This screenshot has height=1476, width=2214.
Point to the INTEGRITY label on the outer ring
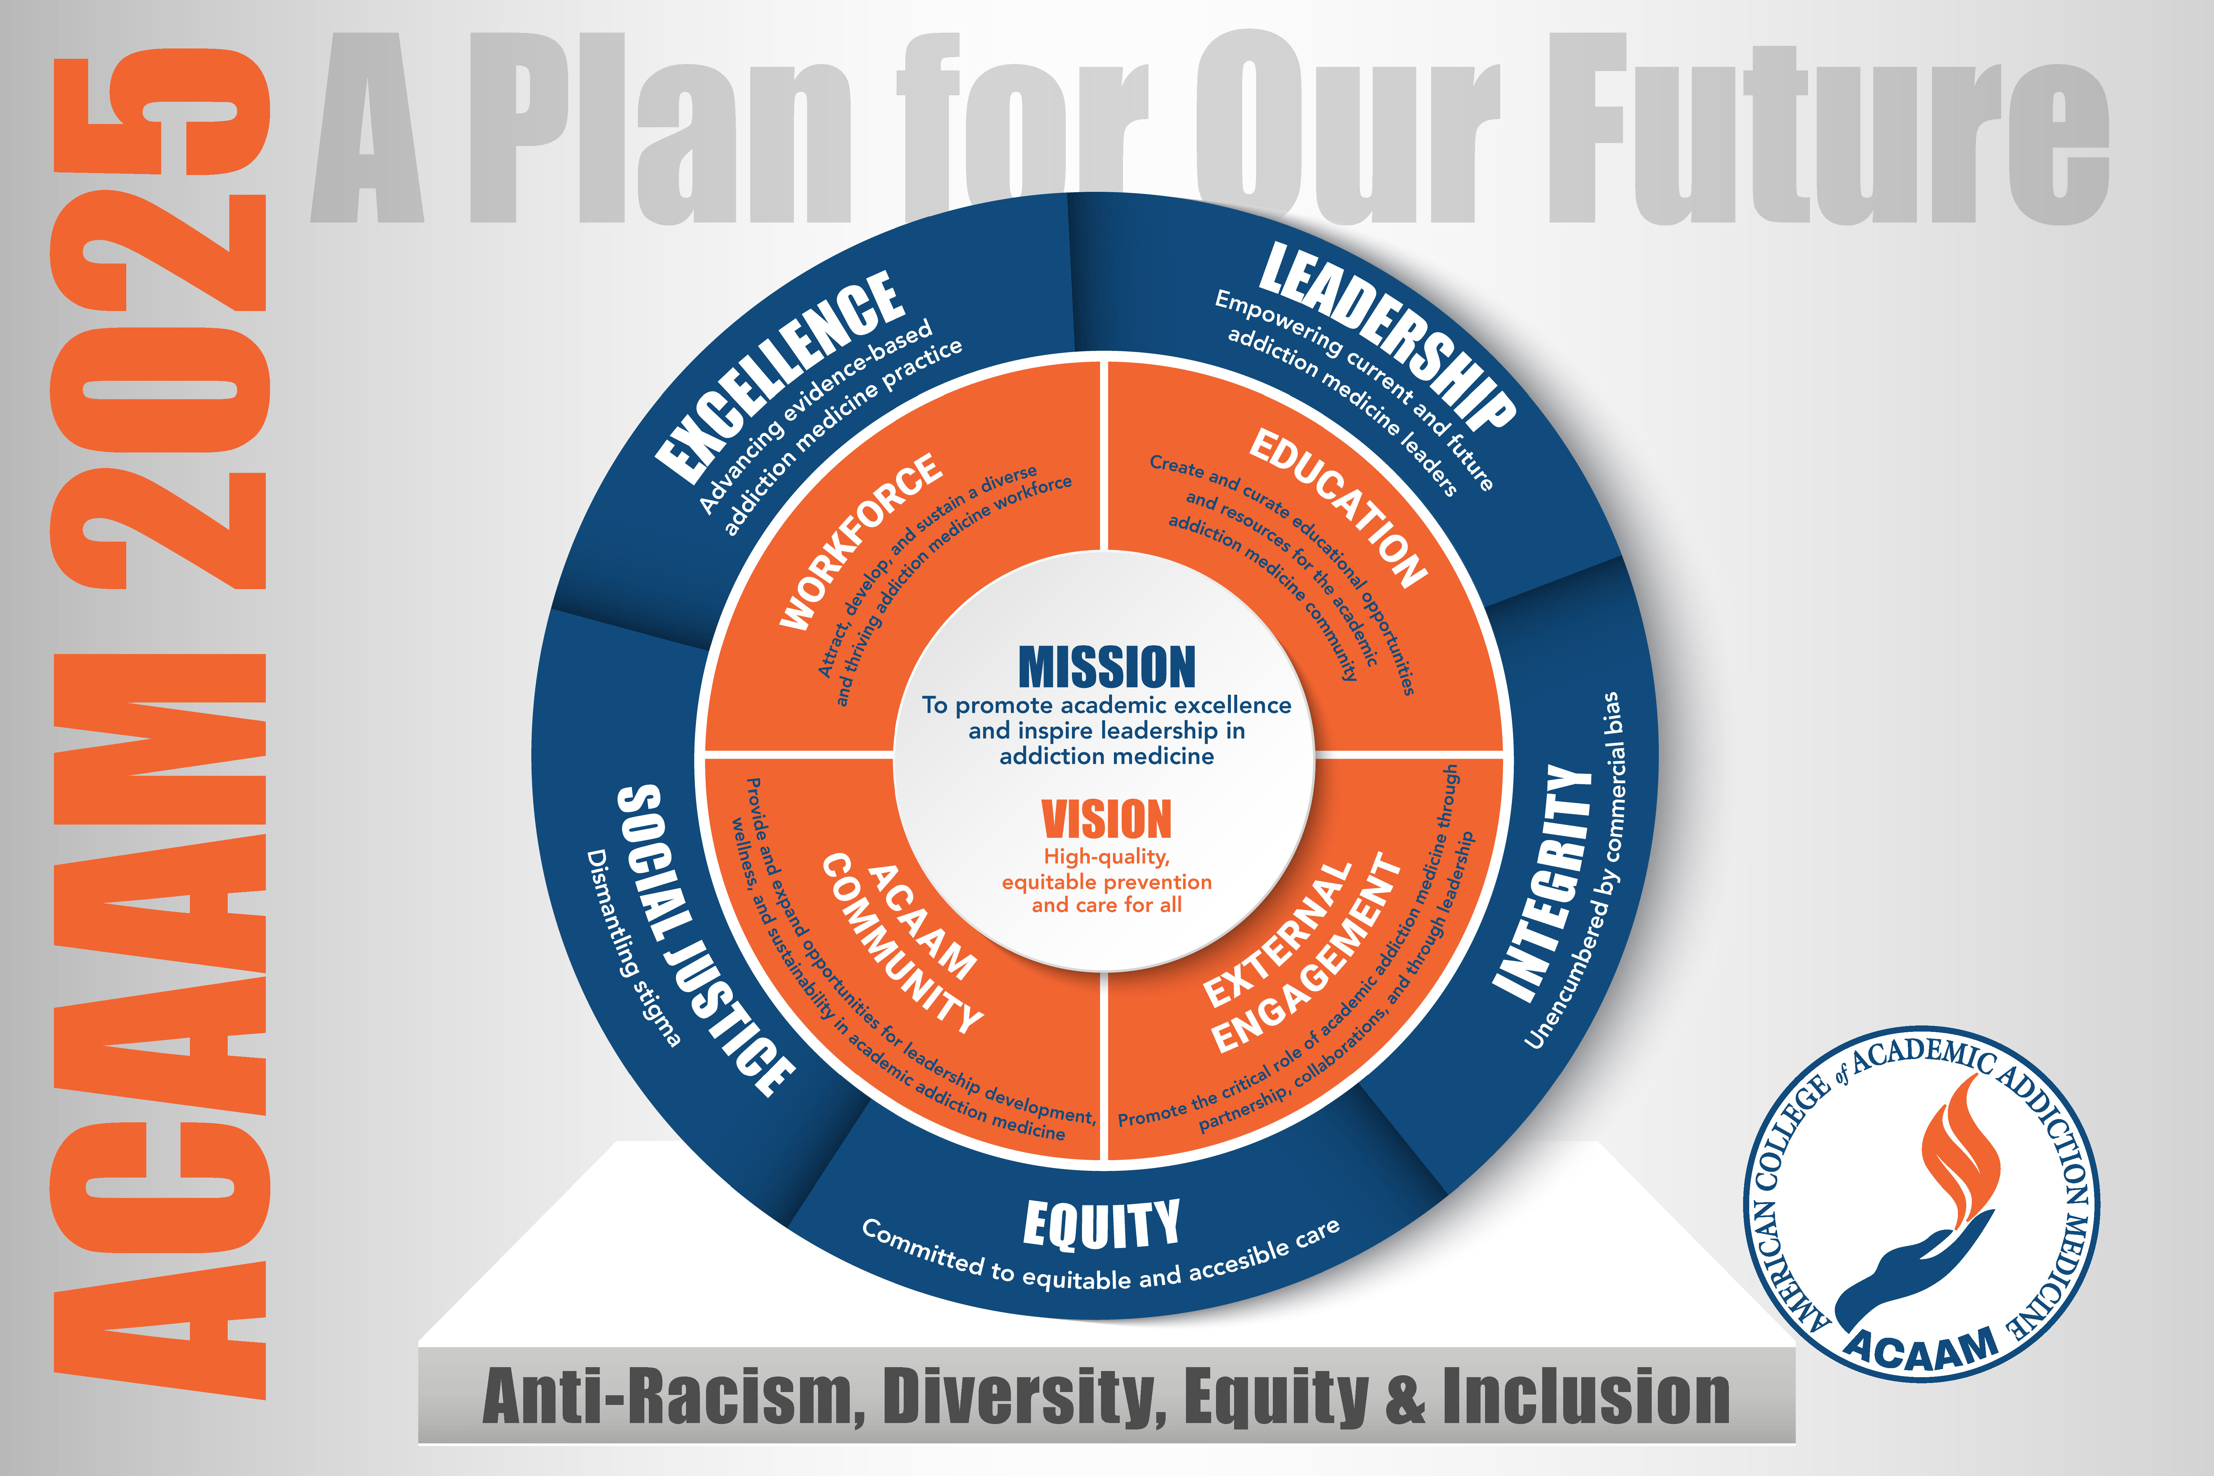1542,882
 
